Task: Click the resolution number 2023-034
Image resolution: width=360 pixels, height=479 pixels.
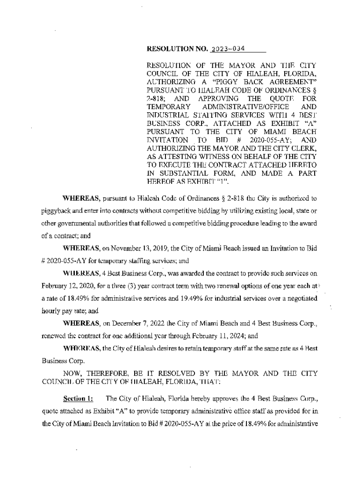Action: click(228, 49)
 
